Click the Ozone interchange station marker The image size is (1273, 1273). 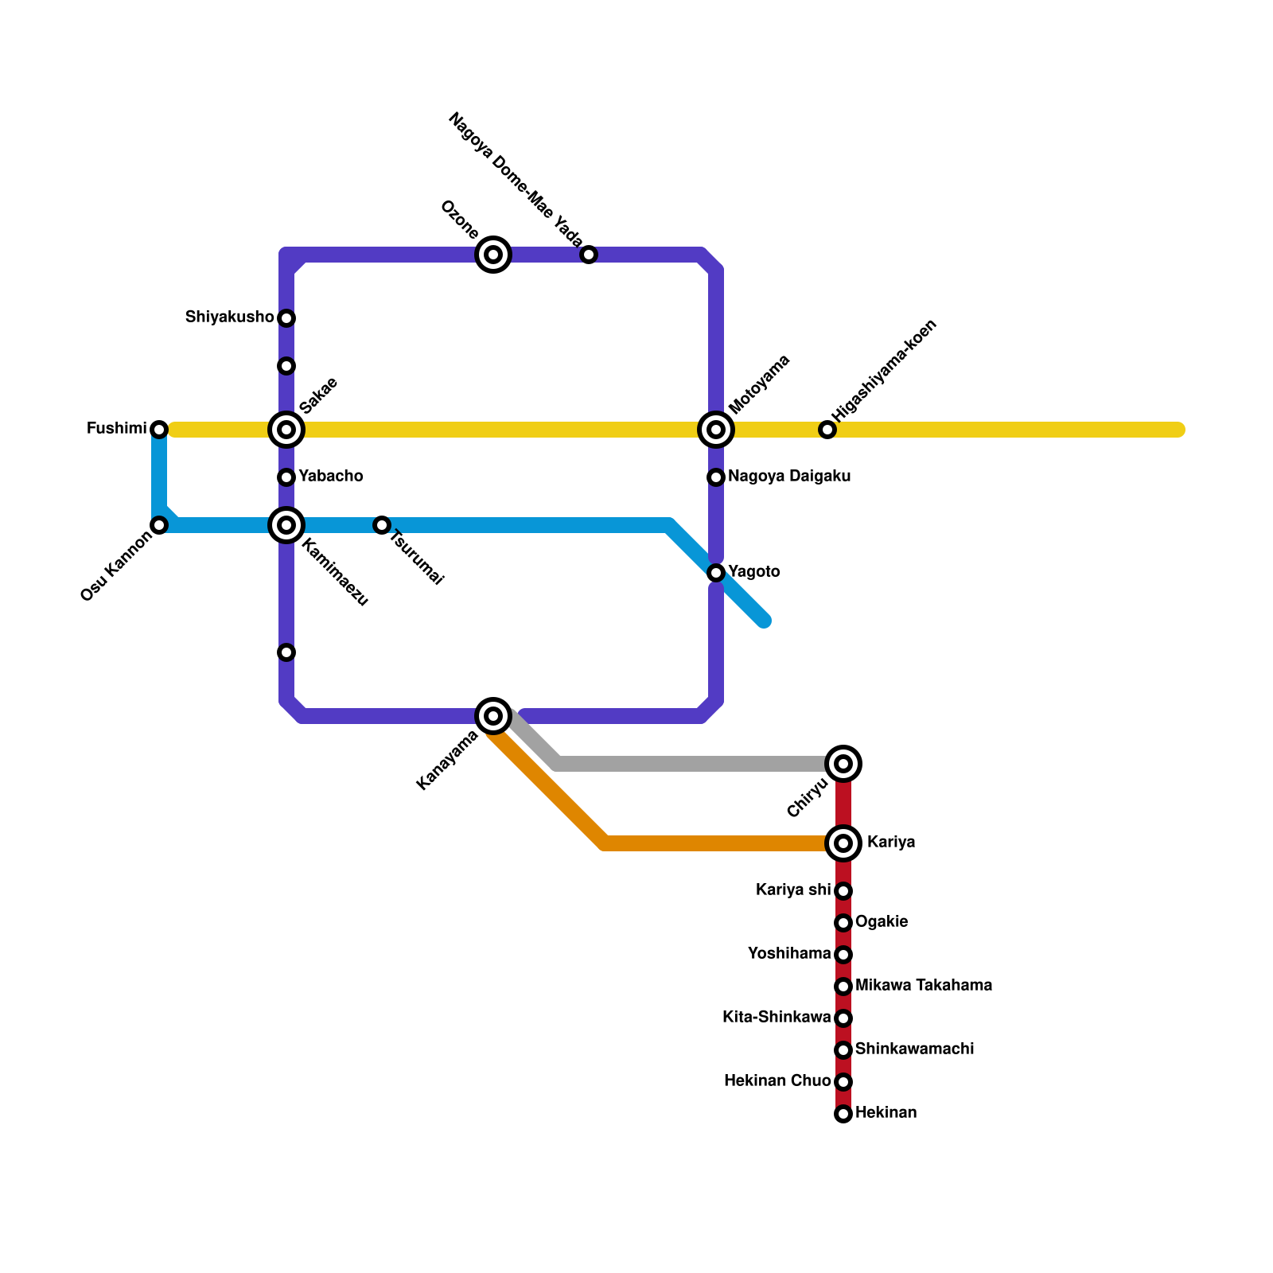(493, 255)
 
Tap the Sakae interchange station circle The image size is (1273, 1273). (286, 430)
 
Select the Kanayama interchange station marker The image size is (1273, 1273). (493, 716)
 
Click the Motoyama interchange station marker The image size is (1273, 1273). (716, 430)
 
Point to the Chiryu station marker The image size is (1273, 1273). (843, 764)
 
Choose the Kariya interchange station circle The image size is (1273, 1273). (843, 843)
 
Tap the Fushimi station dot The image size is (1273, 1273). (159, 430)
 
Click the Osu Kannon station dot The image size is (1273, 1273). (159, 525)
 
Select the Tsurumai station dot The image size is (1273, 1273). (382, 525)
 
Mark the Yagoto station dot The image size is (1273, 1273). (716, 573)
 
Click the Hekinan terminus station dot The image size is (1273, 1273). (843, 1114)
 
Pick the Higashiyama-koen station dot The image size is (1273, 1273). (827, 430)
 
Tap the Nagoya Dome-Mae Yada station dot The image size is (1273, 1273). (589, 255)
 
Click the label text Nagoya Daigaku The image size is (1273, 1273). (788, 477)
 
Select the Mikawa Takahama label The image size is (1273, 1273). (923, 986)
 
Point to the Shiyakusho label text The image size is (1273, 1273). (229, 317)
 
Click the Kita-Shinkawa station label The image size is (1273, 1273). (776, 1018)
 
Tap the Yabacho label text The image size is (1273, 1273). (330, 477)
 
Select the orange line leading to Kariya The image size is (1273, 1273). (716, 843)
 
